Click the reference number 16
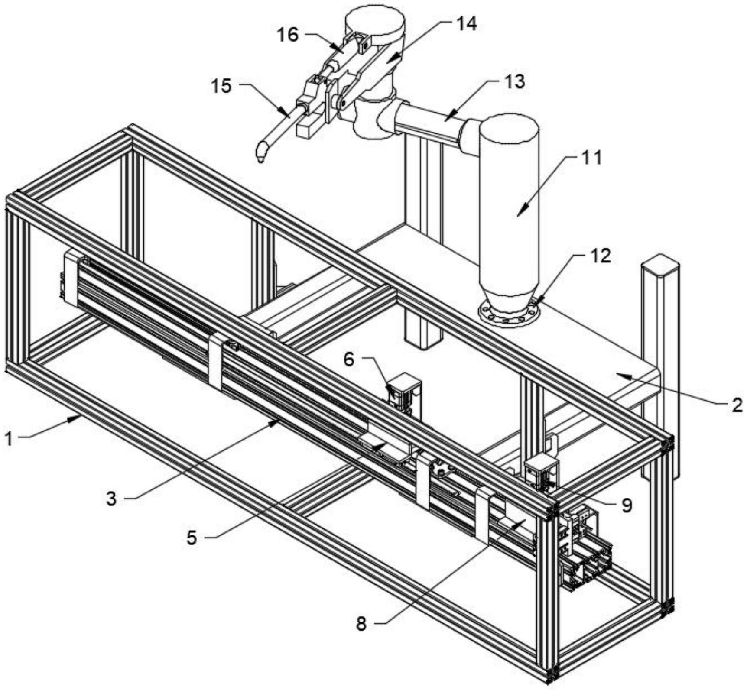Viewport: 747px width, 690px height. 289,35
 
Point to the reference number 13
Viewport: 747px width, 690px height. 514,81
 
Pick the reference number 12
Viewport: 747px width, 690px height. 600,256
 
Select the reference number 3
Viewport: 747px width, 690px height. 111,499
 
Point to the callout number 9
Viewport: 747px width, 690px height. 627,505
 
